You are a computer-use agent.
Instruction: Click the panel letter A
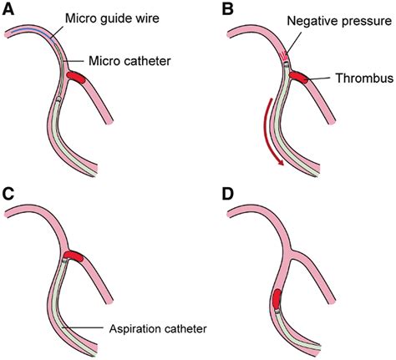pos(8,10)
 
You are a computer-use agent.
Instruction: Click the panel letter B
pos(228,10)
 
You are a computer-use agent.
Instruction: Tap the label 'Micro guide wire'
pos(112,18)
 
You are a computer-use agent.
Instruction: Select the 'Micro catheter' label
pos(129,61)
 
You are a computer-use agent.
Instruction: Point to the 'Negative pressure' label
pos(339,22)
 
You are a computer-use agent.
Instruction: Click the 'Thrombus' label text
pos(364,79)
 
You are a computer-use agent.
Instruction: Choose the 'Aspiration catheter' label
pos(158,329)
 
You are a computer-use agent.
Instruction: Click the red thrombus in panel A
pos(76,77)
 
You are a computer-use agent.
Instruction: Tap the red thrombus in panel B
pos(298,77)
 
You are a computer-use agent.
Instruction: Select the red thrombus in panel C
pos(74,256)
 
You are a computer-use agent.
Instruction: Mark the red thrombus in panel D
pos(277,299)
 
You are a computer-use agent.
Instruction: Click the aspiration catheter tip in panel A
pos(58,99)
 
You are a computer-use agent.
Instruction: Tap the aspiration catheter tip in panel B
pos(287,63)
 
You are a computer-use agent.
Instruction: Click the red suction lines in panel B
pos(283,56)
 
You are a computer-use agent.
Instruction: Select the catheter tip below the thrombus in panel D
pos(277,312)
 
